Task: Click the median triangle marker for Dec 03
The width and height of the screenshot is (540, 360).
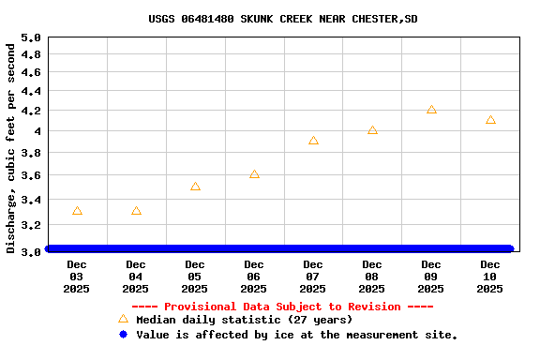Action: pos(77,211)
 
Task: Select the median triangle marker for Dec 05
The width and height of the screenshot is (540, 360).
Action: pos(195,187)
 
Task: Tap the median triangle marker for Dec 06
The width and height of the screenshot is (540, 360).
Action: pos(254,174)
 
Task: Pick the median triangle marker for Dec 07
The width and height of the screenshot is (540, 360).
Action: pos(313,141)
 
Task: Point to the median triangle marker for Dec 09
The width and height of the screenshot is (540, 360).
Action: pos(431,110)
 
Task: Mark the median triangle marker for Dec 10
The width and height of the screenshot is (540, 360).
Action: pos(490,120)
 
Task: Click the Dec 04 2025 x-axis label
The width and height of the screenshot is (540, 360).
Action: pos(136,277)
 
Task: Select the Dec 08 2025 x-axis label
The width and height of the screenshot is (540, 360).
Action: pos(372,277)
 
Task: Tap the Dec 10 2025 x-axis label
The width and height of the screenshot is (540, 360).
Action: pos(490,277)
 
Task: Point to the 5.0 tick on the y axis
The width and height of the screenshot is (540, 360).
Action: pos(31,38)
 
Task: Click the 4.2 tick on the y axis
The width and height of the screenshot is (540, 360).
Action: pos(31,111)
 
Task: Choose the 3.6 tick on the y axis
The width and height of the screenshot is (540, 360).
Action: pos(31,175)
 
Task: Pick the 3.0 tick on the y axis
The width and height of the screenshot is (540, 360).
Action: pos(31,250)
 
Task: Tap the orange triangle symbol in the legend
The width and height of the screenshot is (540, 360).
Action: pos(123,320)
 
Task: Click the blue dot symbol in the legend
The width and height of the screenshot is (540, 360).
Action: pos(123,334)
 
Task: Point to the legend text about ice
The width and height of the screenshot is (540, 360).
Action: pos(296,335)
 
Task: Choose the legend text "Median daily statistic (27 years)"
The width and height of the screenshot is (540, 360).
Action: pos(244,321)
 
